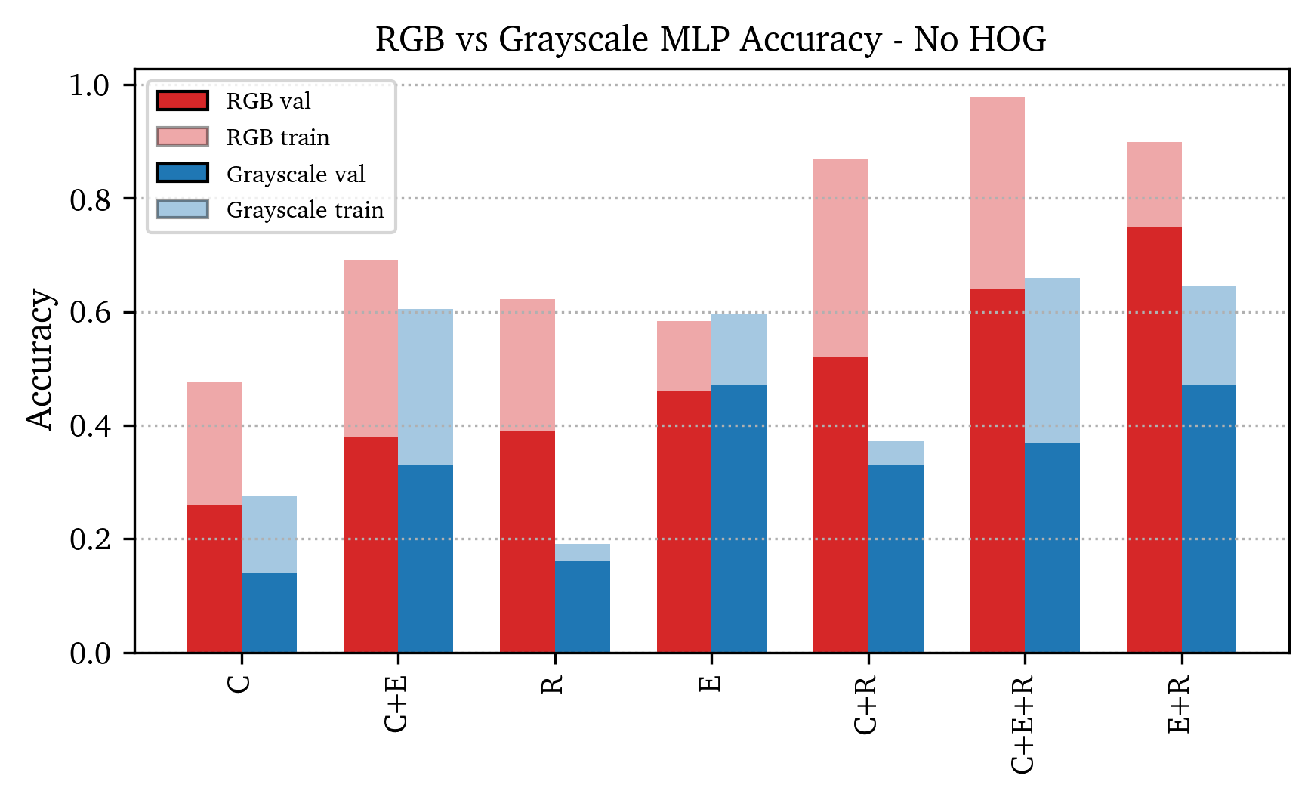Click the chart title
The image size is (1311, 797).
point(710,39)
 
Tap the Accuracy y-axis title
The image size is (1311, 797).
point(41,360)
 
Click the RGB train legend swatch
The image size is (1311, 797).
point(182,137)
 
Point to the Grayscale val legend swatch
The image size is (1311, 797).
point(182,173)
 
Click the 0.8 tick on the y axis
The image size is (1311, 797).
point(90,199)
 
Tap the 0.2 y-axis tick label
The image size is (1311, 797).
point(90,540)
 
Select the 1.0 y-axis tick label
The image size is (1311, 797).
point(90,85)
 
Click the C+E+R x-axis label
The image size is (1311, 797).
point(1023,724)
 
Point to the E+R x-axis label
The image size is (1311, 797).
point(1179,705)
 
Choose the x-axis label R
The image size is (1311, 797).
point(553,684)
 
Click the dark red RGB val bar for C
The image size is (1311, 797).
point(214,578)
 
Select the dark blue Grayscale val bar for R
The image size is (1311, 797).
point(582,607)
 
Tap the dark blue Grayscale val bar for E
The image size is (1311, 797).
point(739,519)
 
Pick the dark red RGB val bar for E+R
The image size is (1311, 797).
point(1154,439)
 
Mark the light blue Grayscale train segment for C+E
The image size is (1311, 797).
point(425,387)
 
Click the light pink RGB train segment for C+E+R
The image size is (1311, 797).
point(997,193)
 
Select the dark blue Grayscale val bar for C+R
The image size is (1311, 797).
point(896,558)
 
